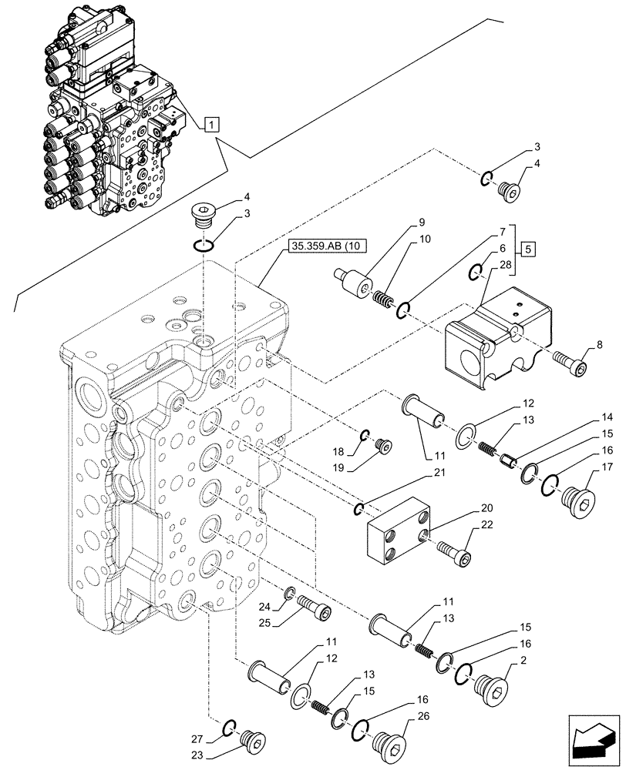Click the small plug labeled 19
click(x=382, y=446)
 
